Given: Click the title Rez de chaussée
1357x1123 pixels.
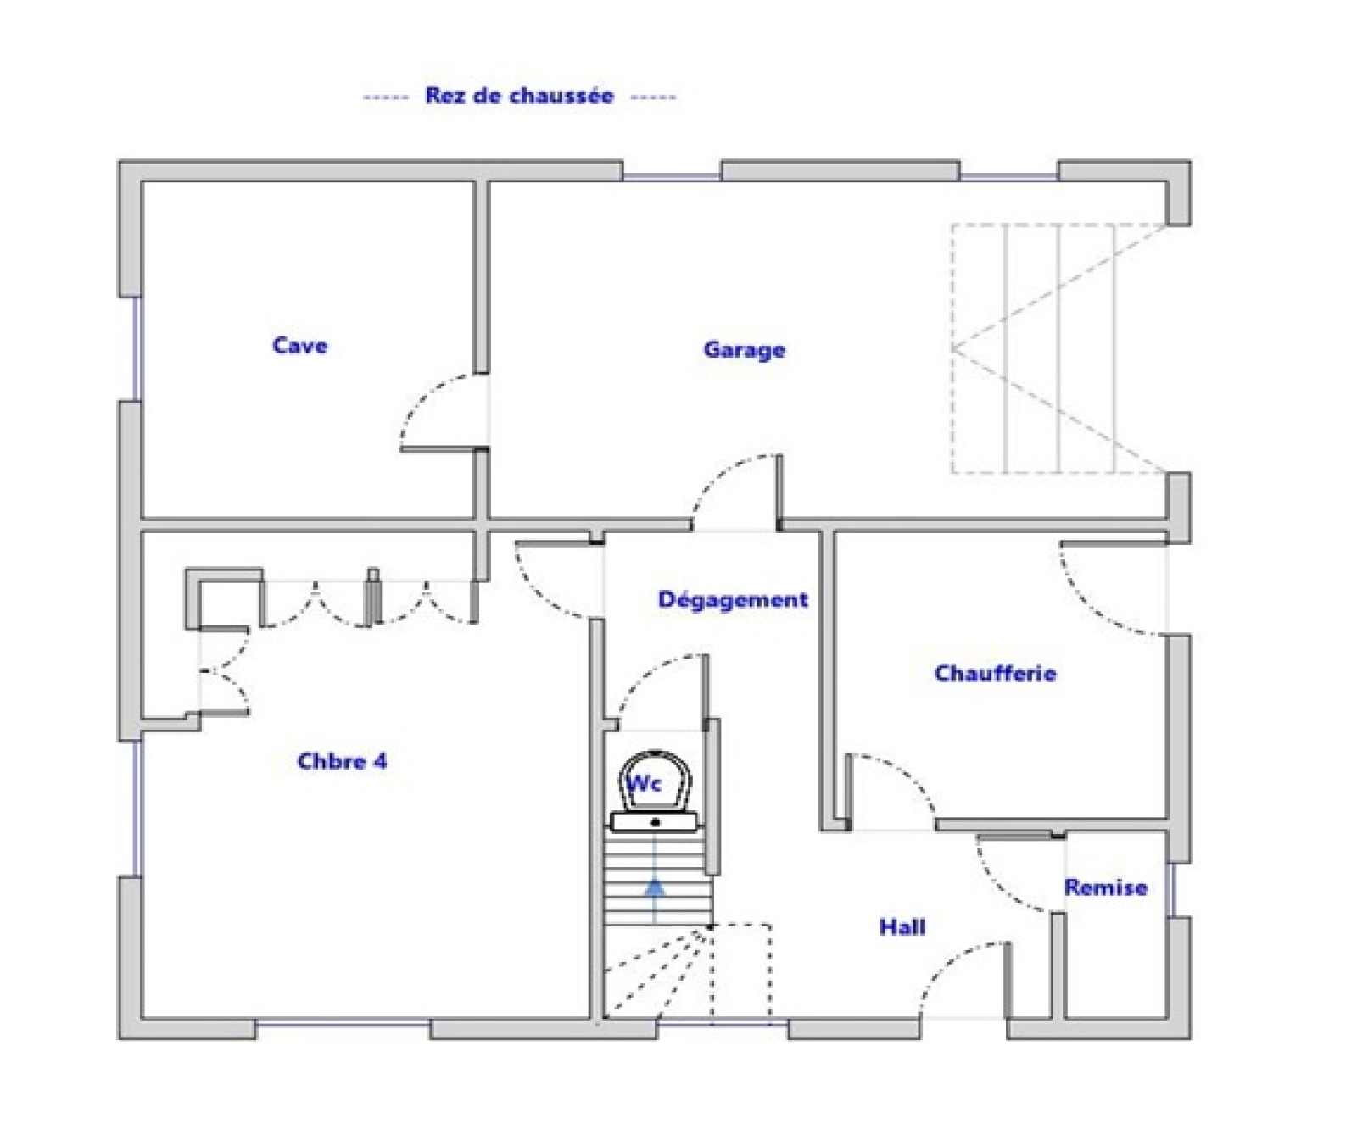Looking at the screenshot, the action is tap(519, 95).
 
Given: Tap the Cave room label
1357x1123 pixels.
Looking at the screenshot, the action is tap(299, 345).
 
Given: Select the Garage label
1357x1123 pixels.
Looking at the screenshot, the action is tap(744, 349).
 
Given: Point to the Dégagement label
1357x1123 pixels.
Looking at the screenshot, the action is tap(733, 599).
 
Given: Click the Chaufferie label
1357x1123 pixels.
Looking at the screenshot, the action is tap(995, 673).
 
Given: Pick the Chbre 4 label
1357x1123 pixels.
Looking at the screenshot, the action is tap(342, 761).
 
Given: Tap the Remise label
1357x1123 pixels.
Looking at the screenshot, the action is tap(1106, 887).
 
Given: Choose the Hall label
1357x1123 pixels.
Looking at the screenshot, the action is tap(902, 926).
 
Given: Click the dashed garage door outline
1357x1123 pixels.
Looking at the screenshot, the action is tap(1059, 348).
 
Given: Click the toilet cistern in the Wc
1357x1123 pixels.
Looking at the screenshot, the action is tap(655, 821).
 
